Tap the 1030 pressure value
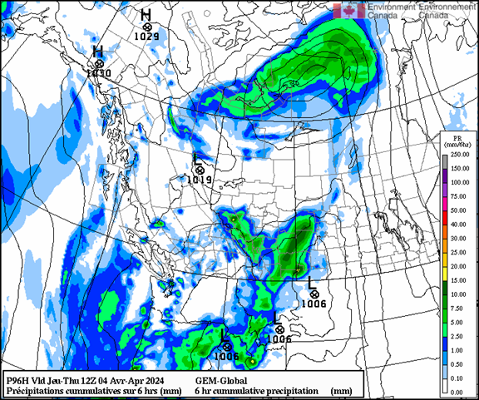[x=98, y=74]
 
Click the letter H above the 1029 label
[x=146, y=14]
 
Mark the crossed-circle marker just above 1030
[x=99, y=63]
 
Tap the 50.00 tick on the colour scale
[x=458, y=210]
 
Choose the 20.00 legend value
[x=458, y=266]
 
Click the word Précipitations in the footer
[x=34, y=389]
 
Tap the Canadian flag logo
[x=348, y=10]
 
